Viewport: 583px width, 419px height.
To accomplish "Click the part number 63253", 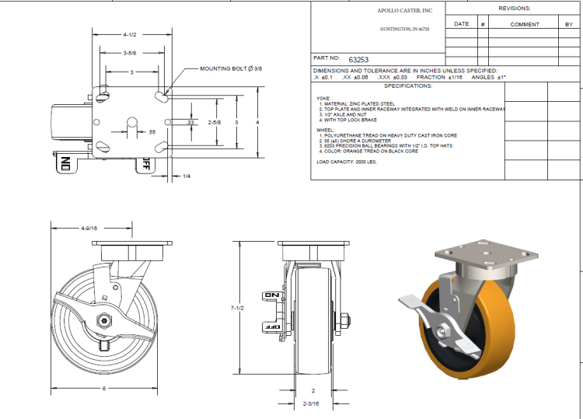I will (x=359, y=59).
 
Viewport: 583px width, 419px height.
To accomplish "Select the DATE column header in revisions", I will (x=461, y=24).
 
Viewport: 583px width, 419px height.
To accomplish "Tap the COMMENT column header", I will (x=525, y=24).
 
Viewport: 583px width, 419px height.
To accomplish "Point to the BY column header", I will (x=569, y=24).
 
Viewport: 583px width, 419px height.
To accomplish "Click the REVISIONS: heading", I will (x=514, y=8).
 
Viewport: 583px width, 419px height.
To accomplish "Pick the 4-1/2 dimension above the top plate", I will (x=131, y=35).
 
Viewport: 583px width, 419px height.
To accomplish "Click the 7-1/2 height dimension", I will (x=239, y=309).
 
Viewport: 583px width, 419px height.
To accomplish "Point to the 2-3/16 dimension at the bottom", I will (x=312, y=404).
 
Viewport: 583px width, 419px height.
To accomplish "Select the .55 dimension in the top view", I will (x=152, y=133).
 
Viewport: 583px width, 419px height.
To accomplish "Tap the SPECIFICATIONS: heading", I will (x=407, y=86).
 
